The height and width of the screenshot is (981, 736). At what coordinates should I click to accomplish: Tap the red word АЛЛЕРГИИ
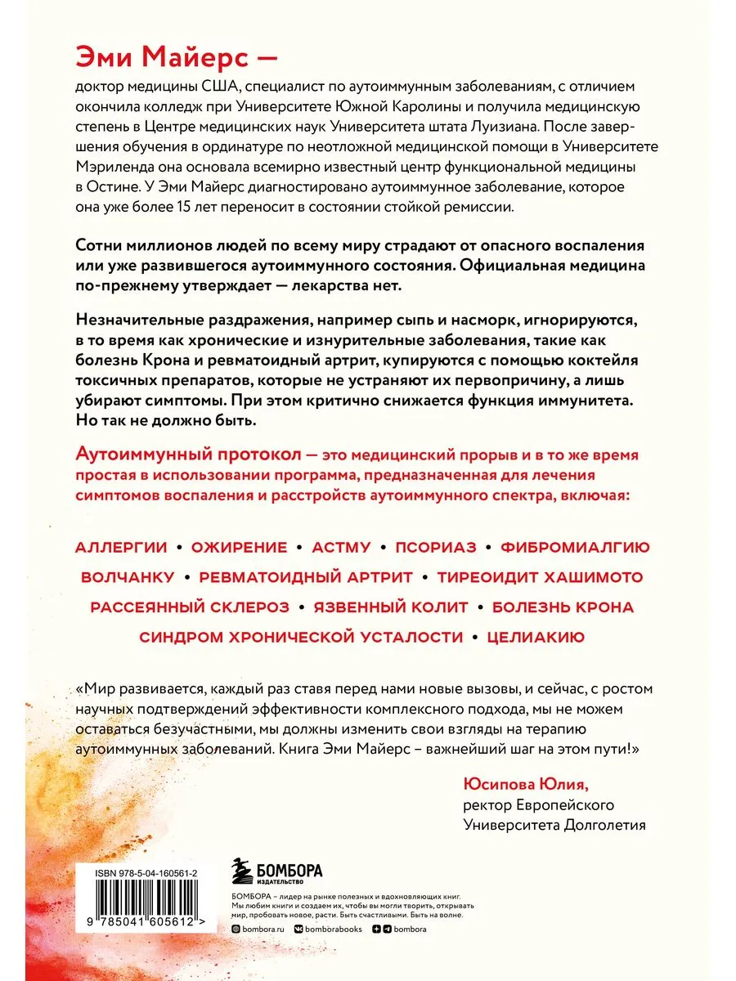[x=121, y=547]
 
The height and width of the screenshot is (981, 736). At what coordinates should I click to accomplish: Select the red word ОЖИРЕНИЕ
[x=239, y=547]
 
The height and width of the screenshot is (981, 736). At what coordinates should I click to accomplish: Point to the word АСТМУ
[x=341, y=547]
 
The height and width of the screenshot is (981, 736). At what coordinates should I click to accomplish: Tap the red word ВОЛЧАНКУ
[x=128, y=577]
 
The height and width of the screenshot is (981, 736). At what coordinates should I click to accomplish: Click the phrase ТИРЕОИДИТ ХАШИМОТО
[x=540, y=577]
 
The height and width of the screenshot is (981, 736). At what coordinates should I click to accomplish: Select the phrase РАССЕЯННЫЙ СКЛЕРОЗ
[x=190, y=607]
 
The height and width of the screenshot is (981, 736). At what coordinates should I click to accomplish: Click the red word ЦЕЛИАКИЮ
[x=536, y=637]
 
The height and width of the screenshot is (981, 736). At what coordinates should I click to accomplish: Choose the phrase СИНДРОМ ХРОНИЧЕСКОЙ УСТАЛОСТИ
[x=301, y=637]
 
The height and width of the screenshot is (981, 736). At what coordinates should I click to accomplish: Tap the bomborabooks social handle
[x=330, y=929]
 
